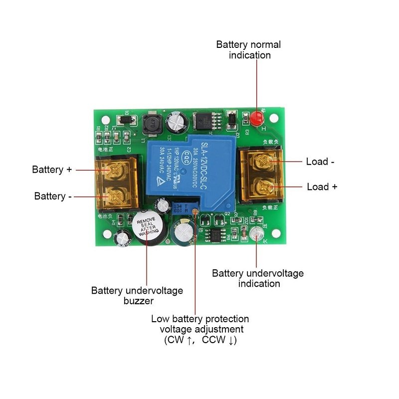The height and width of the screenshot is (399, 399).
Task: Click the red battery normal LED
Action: pyautogui.click(x=257, y=119)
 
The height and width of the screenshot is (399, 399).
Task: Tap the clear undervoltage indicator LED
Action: pyautogui.click(x=257, y=234)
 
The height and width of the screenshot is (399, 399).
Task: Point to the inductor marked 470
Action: pyautogui.click(x=151, y=125)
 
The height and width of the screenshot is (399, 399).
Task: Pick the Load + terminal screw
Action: pyautogui.click(x=262, y=188)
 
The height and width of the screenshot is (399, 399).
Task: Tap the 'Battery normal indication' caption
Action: pyautogui.click(x=248, y=50)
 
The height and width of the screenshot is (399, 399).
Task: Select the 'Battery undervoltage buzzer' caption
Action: pyautogui.click(x=137, y=295)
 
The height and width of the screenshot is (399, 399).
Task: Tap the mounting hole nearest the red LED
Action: pyautogui.click(x=273, y=118)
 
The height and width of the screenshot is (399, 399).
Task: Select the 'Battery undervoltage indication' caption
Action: pyautogui.click(x=258, y=278)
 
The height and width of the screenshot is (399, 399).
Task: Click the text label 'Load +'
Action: pyautogui.click(x=322, y=187)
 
